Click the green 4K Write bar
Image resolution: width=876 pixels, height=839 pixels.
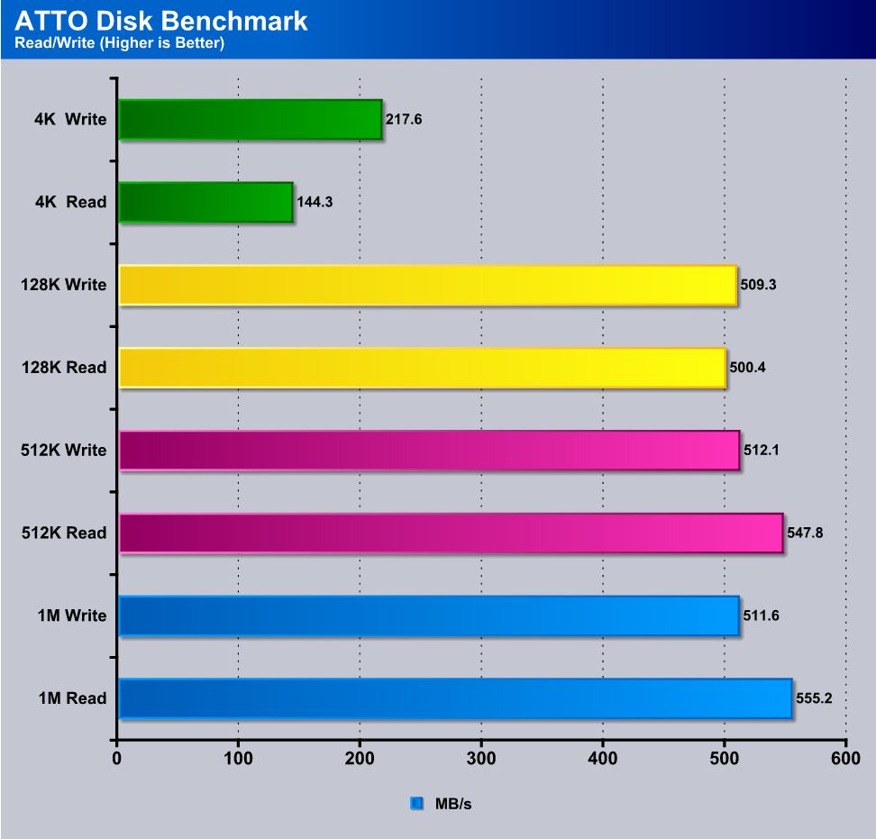[x=250, y=120]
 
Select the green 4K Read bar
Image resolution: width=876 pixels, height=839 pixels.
[x=205, y=202]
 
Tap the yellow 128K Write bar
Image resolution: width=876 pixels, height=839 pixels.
[x=427, y=285]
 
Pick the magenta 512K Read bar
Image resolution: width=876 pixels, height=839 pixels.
[x=451, y=533]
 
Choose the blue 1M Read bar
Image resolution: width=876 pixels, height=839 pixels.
[x=455, y=698]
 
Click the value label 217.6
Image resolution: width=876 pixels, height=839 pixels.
[x=404, y=119]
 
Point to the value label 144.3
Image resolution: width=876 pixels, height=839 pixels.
[x=315, y=202]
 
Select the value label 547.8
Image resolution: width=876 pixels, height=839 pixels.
[x=805, y=533]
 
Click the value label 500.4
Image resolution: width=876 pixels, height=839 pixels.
[x=748, y=368]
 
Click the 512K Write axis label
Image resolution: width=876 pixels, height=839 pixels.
[x=64, y=451]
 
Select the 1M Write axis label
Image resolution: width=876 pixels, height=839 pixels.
[x=71, y=616]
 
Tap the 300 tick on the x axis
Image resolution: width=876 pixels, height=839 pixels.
[x=481, y=759]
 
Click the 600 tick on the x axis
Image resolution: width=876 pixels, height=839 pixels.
[x=845, y=759]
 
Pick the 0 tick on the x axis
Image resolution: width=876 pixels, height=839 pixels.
[x=117, y=759]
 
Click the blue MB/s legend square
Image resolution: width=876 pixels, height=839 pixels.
[x=417, y=803]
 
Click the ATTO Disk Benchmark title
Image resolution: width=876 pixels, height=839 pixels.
[x=161, y=21]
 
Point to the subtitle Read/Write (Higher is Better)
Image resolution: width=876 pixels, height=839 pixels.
[x=119, y=43]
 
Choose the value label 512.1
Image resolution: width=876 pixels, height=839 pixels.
[x=762, y=451]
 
